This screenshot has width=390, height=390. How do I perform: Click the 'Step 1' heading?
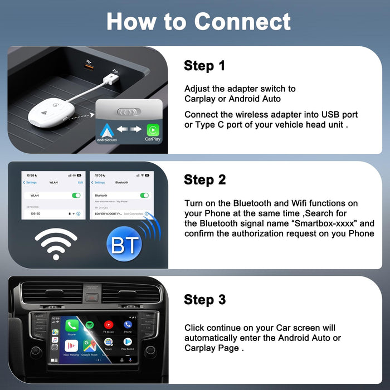point(204,66)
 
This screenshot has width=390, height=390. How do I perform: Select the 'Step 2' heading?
point(204,179)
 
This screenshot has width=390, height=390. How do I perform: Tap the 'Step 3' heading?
point(204,299)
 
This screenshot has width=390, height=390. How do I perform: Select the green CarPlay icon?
point(152,129)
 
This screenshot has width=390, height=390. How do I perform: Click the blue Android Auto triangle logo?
point(106,130)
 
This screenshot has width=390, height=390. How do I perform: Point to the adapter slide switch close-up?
point(129,111)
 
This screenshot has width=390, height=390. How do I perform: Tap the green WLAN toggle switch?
point(76,196)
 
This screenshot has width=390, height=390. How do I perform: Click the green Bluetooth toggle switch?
point(144,196)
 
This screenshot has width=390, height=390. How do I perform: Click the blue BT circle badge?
point(124,245)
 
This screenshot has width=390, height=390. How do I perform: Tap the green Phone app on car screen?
point(71,325)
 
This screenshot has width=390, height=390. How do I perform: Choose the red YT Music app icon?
point(109,325)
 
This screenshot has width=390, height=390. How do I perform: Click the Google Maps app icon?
point(90,344)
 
